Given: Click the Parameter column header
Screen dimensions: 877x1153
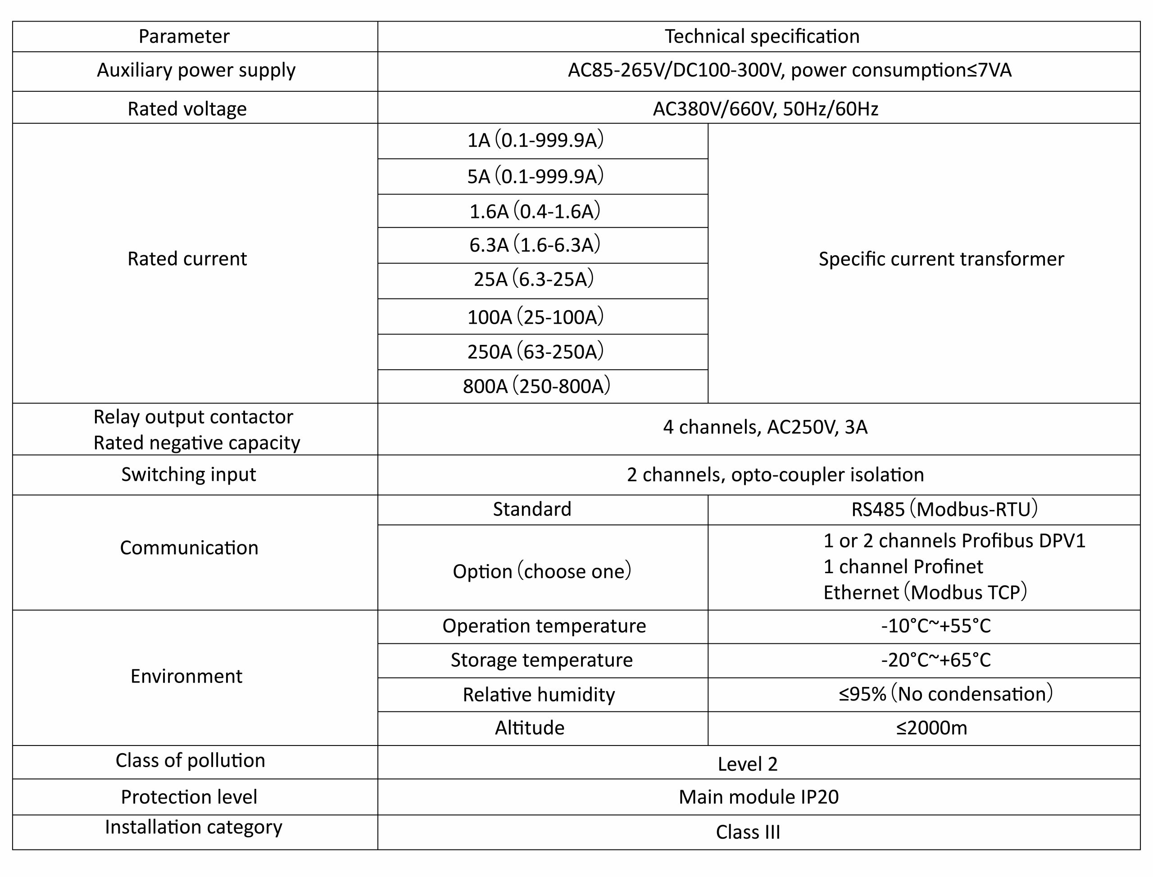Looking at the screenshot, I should pyautogui.click(x=184, y=36).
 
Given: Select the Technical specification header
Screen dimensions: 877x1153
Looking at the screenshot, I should pyautogui.click(x=762, y=36).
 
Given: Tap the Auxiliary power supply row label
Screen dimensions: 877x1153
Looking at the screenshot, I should pyautogui.click(x=196, y=70).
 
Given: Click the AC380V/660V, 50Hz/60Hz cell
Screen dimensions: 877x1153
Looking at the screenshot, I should pyautogui.click(x=765, y=108).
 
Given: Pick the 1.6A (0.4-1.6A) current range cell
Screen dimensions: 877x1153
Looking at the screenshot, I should pyautogui.click(x=535, y=211).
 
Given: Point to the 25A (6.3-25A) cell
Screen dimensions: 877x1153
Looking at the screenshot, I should pyautogui.click(x=534, y=279).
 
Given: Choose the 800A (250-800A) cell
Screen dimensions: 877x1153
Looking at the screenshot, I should pyautogui.click(x=536, y=386).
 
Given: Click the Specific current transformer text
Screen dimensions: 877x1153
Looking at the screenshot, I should pyautogui.click(x=941, y=259).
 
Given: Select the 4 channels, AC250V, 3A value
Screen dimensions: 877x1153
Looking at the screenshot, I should pyautogui.click(x=765, y=427).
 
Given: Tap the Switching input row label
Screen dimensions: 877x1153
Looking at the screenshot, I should pyautogui.click(x=189, y=475).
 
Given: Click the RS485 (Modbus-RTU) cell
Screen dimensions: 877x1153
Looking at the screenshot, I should pyautogui.click(x=944, y=509).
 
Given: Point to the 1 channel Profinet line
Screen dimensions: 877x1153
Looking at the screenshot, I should pyautogui.click(x=903, y=566).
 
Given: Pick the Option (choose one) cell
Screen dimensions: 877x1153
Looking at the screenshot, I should pyautogui.click(x=541, y=571).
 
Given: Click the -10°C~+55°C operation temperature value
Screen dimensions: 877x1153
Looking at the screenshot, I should pyautogui.click(x=936, y=625).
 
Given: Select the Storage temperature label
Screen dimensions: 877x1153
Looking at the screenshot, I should pyautogui.click(x=541, y=660).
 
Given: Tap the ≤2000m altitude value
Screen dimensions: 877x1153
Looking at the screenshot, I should pyautogui.click(x=931, y=728).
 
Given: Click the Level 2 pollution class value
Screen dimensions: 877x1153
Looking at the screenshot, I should pyautogui.click(x=747, y=764).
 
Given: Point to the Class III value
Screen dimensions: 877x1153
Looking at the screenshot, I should pyautogui.click(x=748, y=832).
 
